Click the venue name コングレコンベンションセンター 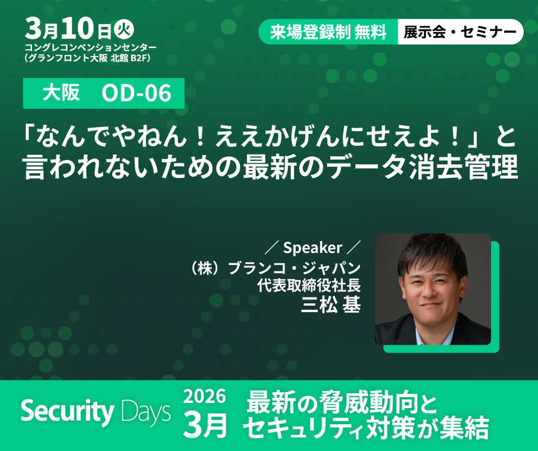tap(90, 49)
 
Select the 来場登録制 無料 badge tap(328, 32)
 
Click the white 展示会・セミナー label tap(460, 32)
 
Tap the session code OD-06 tap(136, 94)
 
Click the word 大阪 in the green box tap(61, 94)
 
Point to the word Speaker tap(313, 248)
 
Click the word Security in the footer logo tap(68, 412)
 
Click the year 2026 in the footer tap(204, 397)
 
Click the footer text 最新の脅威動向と tap(343, 402)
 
